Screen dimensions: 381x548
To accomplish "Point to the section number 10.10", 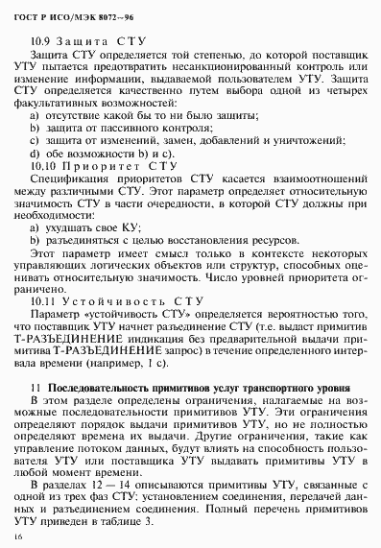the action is [x=47, y=165].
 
